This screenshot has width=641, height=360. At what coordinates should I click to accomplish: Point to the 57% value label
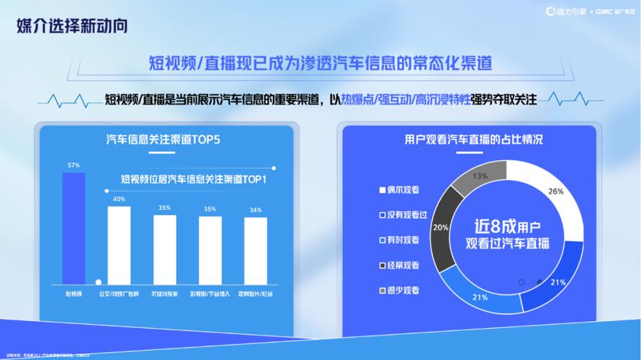click(73, 165)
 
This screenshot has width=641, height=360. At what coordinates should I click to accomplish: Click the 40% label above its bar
click(119, 199)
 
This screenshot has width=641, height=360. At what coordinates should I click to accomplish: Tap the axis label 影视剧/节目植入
click(210, 294)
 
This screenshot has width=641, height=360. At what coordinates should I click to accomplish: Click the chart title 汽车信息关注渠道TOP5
click(163, 139)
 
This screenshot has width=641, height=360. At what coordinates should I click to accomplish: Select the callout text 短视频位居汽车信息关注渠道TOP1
click(194, 179)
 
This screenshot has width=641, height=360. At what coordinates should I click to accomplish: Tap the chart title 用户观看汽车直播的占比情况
click(473, 139)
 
